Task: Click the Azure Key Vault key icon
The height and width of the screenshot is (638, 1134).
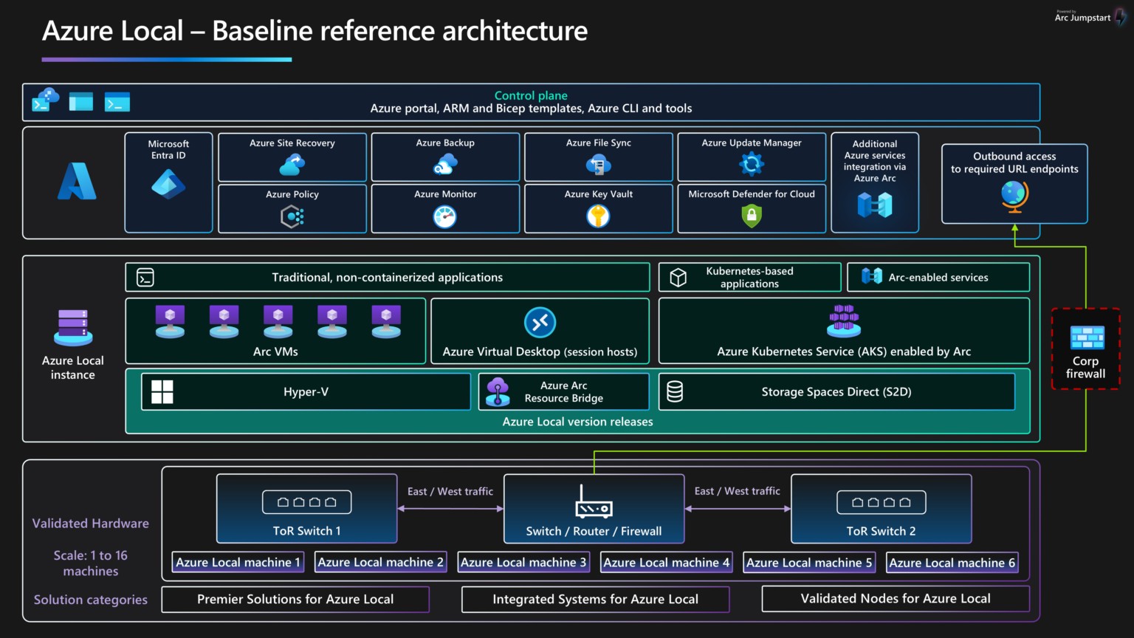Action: pos(598,216)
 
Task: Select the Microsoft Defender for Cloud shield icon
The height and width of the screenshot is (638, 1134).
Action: pos(752,216)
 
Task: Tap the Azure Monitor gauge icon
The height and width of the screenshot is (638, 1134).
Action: pos(444,216)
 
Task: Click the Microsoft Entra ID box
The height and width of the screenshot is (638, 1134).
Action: pos(168,182)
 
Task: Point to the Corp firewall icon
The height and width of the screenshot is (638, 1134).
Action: pos(1087,337)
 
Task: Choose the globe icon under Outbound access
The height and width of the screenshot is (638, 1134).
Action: pos(1014,196)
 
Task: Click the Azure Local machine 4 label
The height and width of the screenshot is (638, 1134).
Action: pos(666,563)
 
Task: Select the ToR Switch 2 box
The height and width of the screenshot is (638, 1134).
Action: pos(881,509)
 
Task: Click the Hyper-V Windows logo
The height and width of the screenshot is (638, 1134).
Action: pos(162,391)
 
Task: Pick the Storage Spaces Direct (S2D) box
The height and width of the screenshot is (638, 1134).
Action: pos(836,391)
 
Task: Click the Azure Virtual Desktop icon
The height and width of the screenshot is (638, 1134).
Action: pos(540,323)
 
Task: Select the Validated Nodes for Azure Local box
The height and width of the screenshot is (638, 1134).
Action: pos(896,599)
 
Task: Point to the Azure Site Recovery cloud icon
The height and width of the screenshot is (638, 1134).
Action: pos(292,165)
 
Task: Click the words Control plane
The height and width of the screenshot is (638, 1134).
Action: pos(531,95)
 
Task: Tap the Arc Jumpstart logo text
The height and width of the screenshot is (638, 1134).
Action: pos(1082,18)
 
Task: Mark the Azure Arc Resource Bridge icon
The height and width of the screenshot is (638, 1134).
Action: pos(498,391)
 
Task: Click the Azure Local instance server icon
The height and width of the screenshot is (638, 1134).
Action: pos(73,327)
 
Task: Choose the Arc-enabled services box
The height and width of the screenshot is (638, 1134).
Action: pos(938,278)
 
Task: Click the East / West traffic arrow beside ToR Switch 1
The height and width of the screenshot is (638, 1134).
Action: pos(450,509)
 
